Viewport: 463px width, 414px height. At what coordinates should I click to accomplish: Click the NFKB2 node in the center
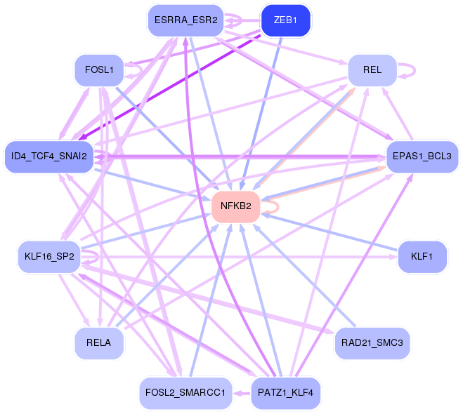(236, 206)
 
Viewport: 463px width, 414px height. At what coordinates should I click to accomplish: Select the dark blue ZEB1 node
(285, 20)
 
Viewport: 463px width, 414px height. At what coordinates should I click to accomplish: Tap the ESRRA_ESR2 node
(185, 20)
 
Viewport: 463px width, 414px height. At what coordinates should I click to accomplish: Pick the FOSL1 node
(99, 71)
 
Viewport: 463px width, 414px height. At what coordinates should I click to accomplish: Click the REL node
(372, 71)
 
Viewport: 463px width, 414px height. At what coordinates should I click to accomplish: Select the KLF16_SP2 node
(48, 257)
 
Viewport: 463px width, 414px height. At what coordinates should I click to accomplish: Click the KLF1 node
(422, 257)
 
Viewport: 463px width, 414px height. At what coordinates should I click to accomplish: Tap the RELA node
(99, 343)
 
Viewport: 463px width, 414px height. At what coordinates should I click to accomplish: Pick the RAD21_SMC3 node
(372, 343)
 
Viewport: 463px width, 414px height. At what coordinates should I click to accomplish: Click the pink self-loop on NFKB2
(276, 206)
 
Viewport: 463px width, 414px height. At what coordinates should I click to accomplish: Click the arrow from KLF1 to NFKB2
(330, 232)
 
